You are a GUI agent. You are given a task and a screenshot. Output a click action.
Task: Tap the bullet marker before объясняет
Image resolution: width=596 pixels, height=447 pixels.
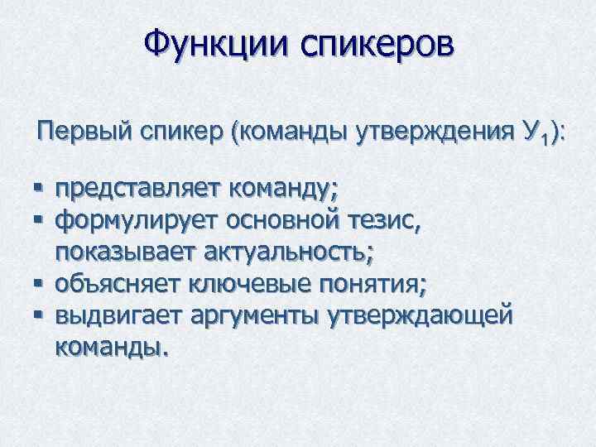coord(41,284)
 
